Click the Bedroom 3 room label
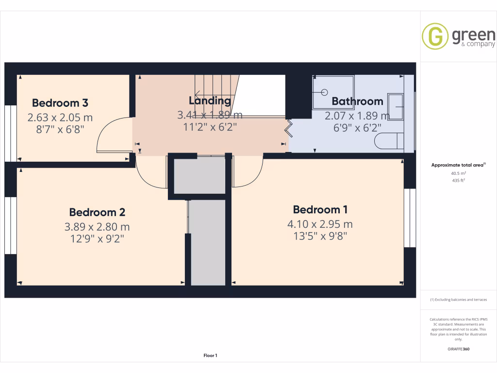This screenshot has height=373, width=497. [x=60, y=103]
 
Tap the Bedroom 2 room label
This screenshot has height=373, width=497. [x=97, y=212]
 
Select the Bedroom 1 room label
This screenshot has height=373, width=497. [x=320, y=210]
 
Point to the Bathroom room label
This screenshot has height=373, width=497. [x=357, y=102]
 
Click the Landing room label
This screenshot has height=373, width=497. [x=210, y=101]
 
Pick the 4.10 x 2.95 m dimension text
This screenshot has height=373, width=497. [x=320, y=224]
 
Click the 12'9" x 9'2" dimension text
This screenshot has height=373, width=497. [x=97, y=239]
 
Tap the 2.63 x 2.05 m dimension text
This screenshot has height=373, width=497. [x=60, y=118]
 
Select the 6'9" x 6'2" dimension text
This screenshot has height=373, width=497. [x=357, y=128]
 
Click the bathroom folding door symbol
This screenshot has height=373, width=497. [x=289, y=127]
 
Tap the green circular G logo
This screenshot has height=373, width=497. [x=435, y=36]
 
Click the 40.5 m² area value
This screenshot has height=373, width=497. [x=458, y=173]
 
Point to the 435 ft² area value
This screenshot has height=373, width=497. [x=458, y=180]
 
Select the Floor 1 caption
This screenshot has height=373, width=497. [x=210, y=356]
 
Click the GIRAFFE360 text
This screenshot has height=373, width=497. [x=458, y=349]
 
